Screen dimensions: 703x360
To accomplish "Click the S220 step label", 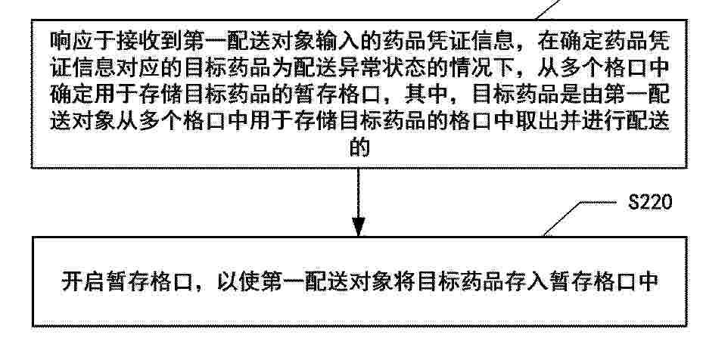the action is pos(650,202).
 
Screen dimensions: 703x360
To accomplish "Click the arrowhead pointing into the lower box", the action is pos(358,226).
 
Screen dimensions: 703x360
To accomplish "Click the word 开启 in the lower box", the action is pos(83,282).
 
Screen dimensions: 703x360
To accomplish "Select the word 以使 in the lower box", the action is pos(238,282).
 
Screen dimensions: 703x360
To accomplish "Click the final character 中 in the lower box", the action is pos(647,282).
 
